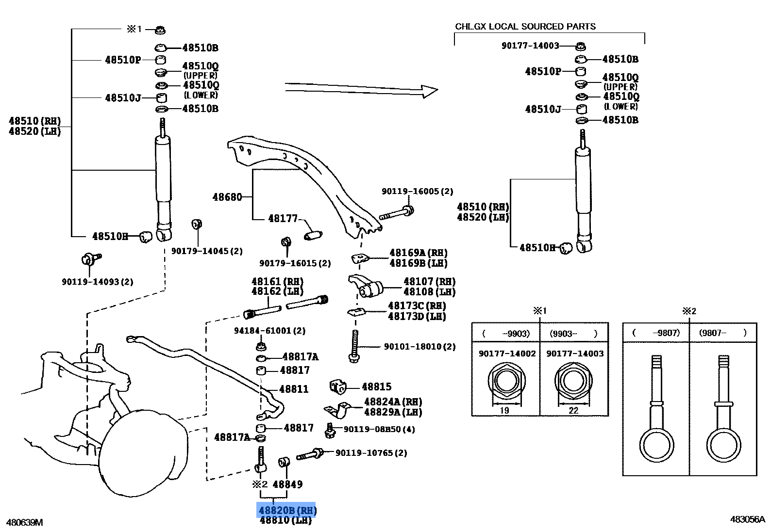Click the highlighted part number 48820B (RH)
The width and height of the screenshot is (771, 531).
pyautogui.click(x=287, y=510)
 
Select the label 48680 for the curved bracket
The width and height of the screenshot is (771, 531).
pyautogui.click(x=227, y=197)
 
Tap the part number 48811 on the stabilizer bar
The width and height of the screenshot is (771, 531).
pyautogui.click(x=294, y=389)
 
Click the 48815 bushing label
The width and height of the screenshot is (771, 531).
pyautogui.click(x=376, y=386)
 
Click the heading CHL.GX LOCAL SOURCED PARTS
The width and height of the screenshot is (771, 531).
pyautogui.click(x=525, y=27)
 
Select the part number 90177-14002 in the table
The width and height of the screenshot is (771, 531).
pyautogui.click(x=507, y=354)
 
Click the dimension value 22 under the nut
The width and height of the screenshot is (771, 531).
pyautogui.click(x=573, y=410)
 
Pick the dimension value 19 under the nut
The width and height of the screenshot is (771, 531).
pyautogui.click(x=504, y=410)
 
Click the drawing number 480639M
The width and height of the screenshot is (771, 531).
pyautogui.click(x=24, y=522)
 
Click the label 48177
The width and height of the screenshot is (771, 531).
pyautogui.click(x=283, y=219)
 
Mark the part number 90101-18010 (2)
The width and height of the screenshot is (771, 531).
pyautogui.click(x=419, y=347)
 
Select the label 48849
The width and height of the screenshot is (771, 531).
pyautogui.click(x=287, y=484)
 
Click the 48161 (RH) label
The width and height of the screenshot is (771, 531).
pyautogui.click(x=277, y=281)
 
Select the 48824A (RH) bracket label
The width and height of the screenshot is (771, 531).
pyautogui.click(x=393, y=402)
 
